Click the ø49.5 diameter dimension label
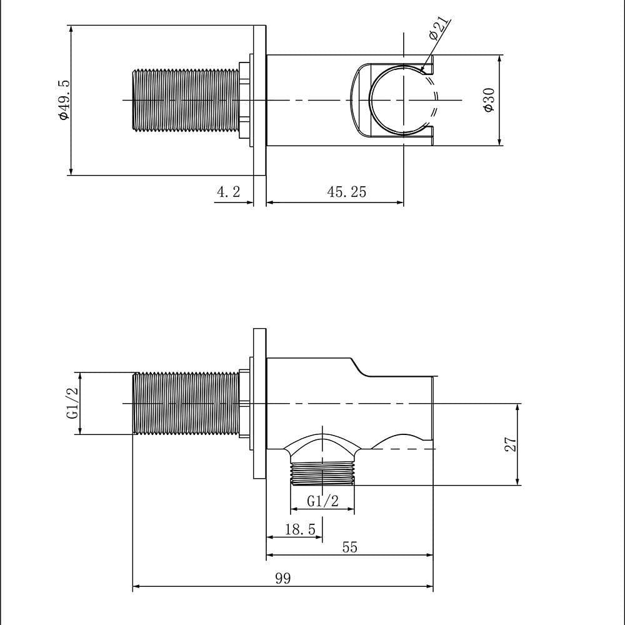pyautogui.click(x=63, y=100)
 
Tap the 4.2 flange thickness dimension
pyautogui.click(x=228, y=192)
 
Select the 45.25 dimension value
pyautogui.click(x=346, y=192)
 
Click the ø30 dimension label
pyautogui.click(x=489, y=100)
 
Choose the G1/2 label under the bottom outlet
pyautogui.click(x=322, y=500)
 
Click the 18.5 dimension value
pyautogui.click(x=300, y=529)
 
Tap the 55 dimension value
pyautogui.click(x=350, y=547)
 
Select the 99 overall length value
pyautogui.click(x=283, y=578)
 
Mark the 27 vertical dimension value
pyautogui.click(x=511, y=444)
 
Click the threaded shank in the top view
pyautogui.click(x=186, y=100)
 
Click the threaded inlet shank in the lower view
pyautogui.click(x=186, y=403)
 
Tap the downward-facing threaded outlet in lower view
pyautogui.click(x=322, y=474)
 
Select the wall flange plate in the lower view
pyautogui.click(x=260, y=403)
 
